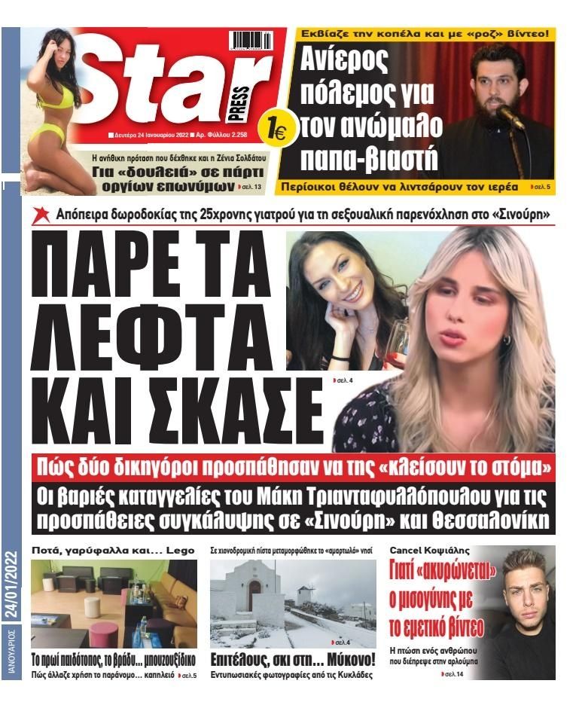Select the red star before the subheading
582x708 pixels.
[x=42, y=215]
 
